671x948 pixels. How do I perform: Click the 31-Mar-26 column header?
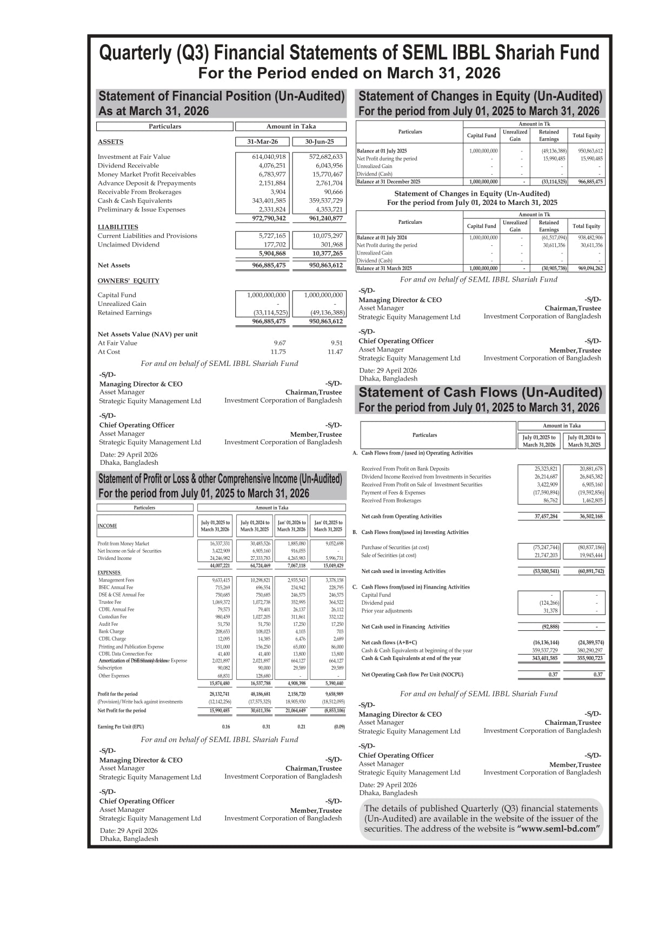point(262,142)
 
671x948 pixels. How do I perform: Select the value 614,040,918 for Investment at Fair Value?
point(269,157)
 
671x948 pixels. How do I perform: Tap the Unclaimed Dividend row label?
point(129,244)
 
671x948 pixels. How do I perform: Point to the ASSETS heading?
point(110,142)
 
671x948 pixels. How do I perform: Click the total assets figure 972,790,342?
point(269,218)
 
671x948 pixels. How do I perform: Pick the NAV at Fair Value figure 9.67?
point(280,343)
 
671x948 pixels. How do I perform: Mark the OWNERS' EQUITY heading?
point(128,281)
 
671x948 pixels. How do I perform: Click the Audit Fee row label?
point(108,624)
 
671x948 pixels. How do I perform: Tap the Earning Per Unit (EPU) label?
point(121,726)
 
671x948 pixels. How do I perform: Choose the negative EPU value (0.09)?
point(339,726)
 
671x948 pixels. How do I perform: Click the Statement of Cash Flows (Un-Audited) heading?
point(480,392)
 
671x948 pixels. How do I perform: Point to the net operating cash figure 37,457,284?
point(546,516)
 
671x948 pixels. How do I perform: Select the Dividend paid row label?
point(377,603)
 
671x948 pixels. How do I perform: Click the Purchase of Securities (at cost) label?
point(395,547)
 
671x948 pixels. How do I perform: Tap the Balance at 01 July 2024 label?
point(382,237)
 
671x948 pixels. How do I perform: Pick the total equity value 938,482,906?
point(590,237)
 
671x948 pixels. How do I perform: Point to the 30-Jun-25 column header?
point(319,142)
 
